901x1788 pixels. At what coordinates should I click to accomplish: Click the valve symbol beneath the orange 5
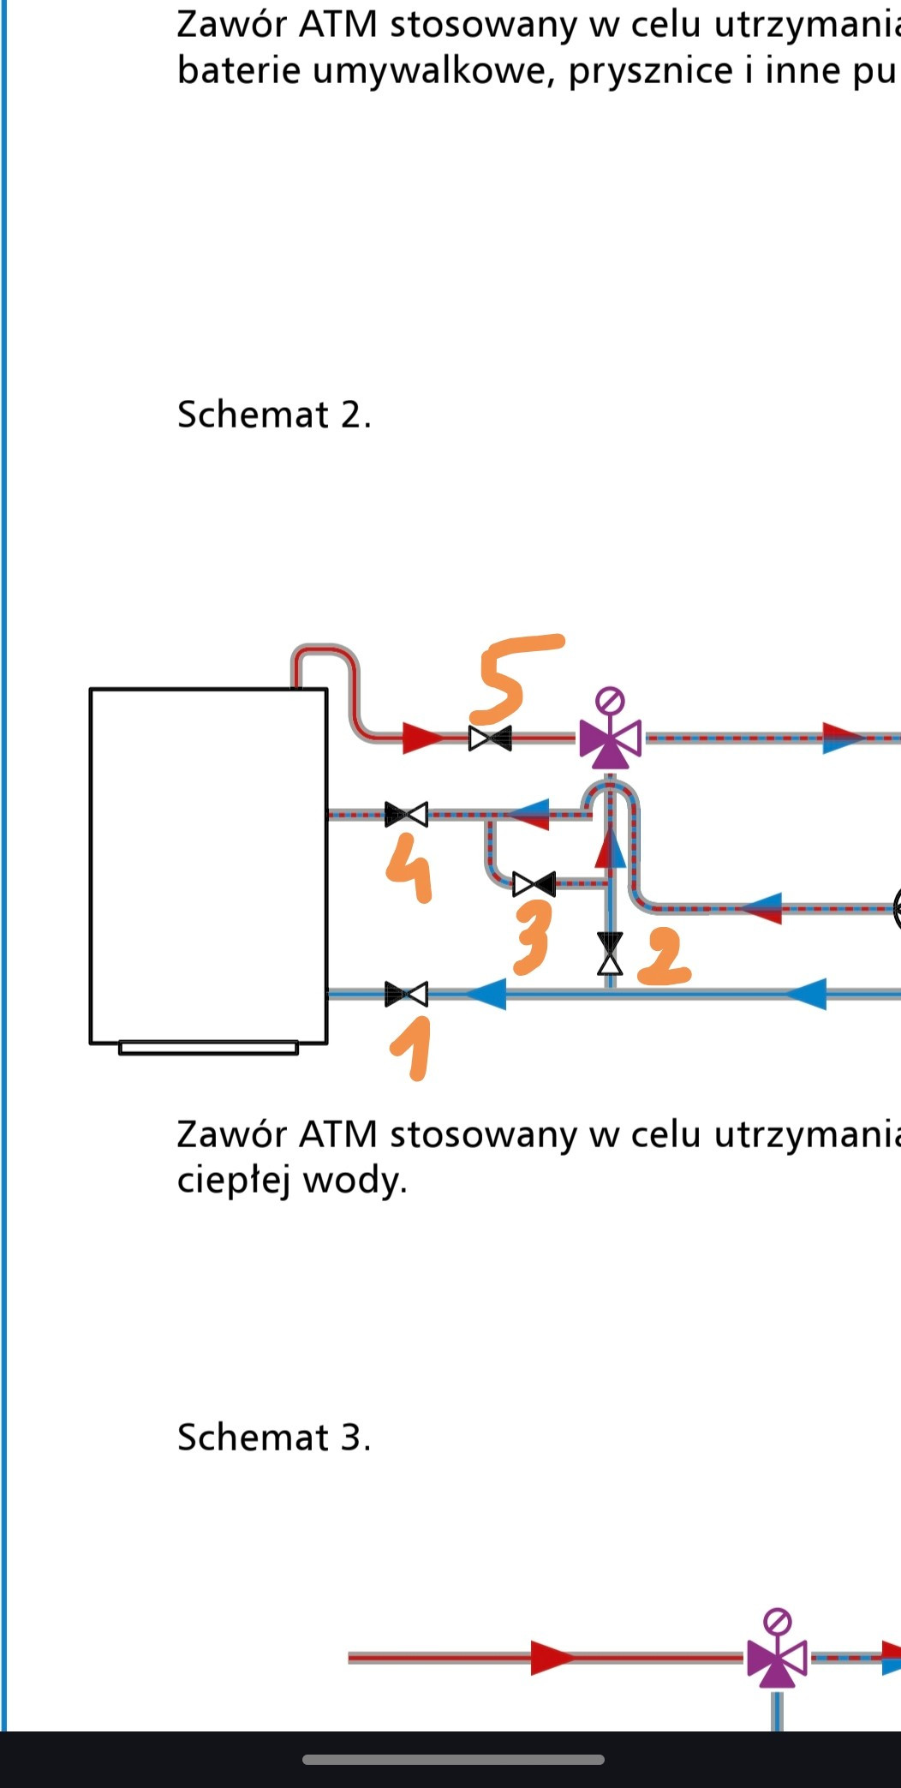490,738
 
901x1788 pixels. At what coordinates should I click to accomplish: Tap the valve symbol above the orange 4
406,814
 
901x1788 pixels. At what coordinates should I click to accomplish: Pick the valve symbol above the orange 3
534,883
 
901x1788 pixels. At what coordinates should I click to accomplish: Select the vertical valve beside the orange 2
610,954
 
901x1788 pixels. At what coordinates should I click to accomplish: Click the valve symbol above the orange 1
406,994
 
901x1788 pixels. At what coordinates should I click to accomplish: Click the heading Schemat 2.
274,415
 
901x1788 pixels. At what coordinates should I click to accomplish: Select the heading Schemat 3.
274,1438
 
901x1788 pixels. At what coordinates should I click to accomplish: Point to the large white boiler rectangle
208,865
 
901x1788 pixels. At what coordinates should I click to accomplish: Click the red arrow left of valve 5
422,738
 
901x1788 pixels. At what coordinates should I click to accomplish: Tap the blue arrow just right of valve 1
486,994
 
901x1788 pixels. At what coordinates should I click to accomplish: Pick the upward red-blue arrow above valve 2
610,849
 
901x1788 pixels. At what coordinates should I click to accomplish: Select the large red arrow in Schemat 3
552,1658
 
